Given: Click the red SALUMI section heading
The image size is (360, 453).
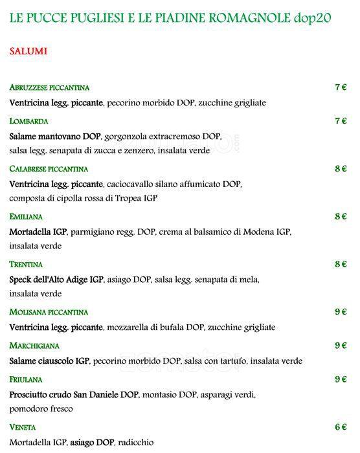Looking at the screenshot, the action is pos(28,51).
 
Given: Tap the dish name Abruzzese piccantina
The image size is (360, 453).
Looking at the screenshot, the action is pos(49,87).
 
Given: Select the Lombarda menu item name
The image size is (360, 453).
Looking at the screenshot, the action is pos(29,121).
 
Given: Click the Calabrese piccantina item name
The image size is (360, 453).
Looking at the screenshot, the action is pos(49,169).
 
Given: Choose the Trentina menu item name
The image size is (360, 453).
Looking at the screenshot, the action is pos(27,265).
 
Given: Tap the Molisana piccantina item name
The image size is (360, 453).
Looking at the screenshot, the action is pos(49,312).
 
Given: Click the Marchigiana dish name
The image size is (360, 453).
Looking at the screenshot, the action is pos(34,346).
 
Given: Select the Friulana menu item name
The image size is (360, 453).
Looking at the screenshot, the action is pos(28,379).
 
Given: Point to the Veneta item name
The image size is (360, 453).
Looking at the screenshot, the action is pos(23,428).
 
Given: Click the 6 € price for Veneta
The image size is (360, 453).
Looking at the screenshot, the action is pos(341,427).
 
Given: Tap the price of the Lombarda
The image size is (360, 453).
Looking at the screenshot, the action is pos(341,120).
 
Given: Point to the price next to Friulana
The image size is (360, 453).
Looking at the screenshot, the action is pos(341,379).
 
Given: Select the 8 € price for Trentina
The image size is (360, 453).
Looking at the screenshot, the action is pos(341,264).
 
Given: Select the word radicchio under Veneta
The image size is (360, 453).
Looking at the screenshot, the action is pos(137,443).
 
